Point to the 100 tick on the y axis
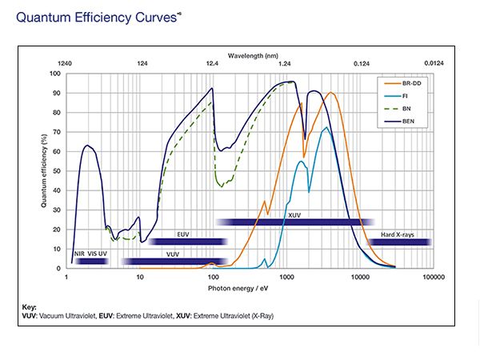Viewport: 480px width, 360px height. (55, 74)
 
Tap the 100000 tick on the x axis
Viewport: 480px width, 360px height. (433, 277)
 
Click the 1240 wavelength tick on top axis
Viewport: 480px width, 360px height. (66, 62)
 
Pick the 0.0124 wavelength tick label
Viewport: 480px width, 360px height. (433, 62)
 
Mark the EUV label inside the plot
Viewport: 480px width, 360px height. (184, 234)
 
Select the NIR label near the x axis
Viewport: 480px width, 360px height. (79, 254)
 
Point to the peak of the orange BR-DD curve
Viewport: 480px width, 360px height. (330, 92)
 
